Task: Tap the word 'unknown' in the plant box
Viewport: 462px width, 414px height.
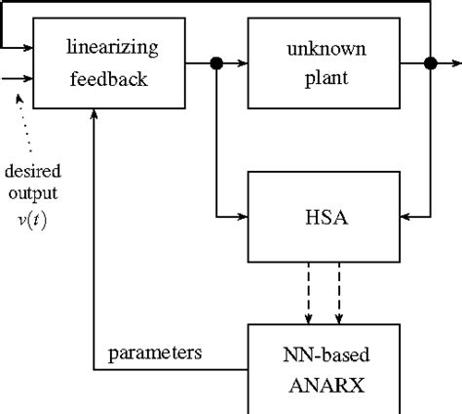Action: coord(309,46)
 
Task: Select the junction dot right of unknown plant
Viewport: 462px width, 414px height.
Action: coord(429,64)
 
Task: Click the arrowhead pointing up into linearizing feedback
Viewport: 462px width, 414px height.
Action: coord(94,116)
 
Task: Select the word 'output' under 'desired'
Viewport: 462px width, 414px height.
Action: coord(26,193)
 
